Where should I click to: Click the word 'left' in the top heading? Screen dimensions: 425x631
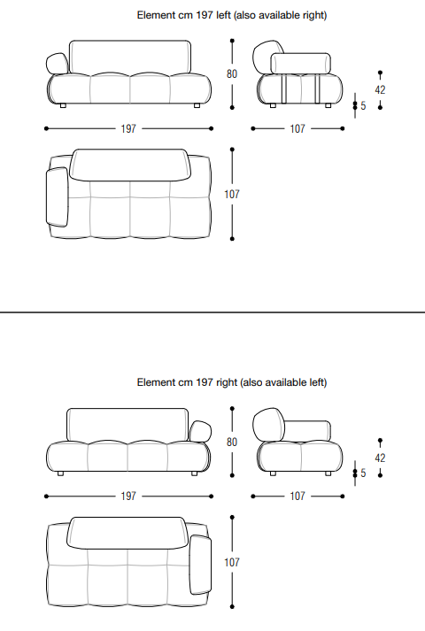click(x=223, y=15)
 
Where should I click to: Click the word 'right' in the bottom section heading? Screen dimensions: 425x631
click(x=227, y=382)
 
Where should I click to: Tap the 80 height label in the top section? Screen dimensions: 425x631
click(x=232, y=74)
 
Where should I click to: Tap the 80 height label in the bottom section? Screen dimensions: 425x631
click(x=232, y=442)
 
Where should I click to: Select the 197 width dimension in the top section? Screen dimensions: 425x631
click(x=128, y=129)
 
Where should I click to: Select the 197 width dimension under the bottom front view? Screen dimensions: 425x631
click(x=128, y=496)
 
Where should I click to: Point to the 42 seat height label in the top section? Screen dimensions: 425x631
click(x=380, y=89)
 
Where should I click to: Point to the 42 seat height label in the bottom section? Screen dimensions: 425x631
click(x=380, y=458)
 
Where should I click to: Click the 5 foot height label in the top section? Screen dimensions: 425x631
click(x=363, y=106)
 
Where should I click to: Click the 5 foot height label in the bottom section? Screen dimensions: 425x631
click(x=363, y=473)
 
